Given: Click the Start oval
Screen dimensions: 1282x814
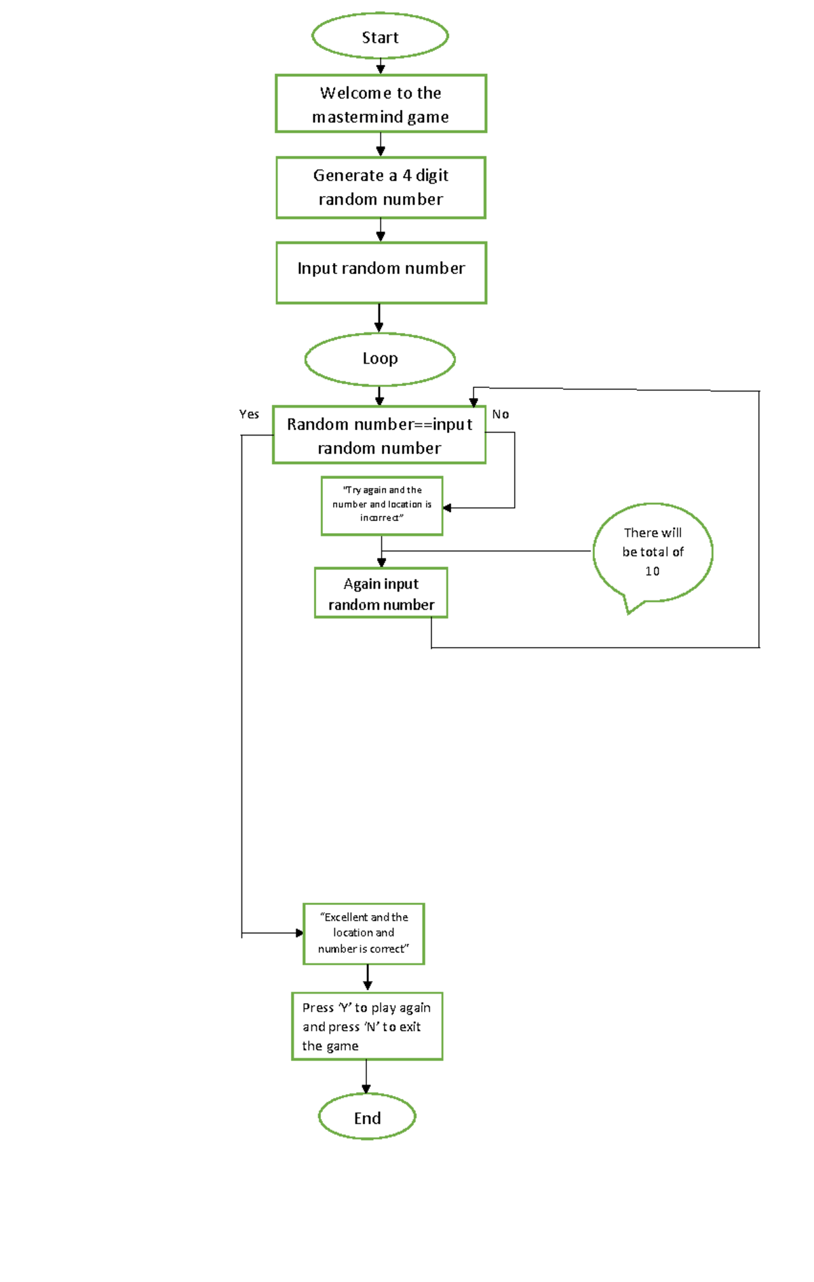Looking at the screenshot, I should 380,37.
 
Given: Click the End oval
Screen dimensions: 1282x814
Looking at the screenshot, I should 367,1118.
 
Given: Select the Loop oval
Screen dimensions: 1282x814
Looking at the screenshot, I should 380,359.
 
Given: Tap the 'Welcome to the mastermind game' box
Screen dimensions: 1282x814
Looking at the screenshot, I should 381,104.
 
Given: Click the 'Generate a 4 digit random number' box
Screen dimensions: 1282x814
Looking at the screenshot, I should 381,187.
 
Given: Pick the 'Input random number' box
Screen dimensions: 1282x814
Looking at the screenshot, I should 381,272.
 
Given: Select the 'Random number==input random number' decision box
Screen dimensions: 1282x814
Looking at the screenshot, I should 379,435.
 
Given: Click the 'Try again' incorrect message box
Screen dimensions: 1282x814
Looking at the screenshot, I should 382,505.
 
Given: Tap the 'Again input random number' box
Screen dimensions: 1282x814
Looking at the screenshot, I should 381,594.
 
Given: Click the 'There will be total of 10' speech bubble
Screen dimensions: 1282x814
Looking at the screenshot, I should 653,551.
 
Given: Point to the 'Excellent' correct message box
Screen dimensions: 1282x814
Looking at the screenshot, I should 364,933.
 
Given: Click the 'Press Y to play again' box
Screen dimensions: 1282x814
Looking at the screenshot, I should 367,1026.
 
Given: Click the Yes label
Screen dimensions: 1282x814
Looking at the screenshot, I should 249,414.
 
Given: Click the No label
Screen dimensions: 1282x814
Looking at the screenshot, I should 501,414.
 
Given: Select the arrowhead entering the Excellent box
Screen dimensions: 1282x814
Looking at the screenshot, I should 299,933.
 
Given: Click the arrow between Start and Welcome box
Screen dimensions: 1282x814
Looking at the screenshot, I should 381,66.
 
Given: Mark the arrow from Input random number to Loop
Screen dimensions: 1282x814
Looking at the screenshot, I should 379,318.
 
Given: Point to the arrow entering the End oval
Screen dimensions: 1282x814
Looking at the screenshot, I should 366,1079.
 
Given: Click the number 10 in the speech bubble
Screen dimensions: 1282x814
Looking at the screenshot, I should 653,571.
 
